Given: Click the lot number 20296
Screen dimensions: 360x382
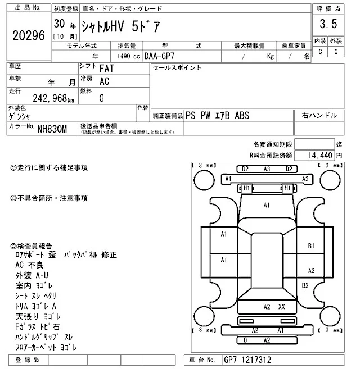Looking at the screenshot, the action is pyautogui.click(x=28, y=35).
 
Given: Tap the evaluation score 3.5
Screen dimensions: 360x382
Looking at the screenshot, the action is pyautogui.click(x=328, y=24).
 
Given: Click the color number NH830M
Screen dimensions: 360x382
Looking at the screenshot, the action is pyautogui.click(x=52, y=129).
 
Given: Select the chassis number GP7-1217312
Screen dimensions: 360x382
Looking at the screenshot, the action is pyautogui.click(x=247, y=360).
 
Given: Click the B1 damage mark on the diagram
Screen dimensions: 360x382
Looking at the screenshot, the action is pyautogui.click(x=311, y=246).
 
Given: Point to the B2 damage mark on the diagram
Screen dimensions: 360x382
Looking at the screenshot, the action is pyautogui.click(x=305, y=285).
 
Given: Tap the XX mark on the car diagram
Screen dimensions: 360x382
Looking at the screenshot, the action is pyautogui.click(x=282, y=307).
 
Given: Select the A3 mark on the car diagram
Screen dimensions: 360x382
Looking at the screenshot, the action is pyautogui.click(x=267, y=169).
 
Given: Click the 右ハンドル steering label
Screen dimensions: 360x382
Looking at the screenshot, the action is pyautogui.click(x=319, y=115).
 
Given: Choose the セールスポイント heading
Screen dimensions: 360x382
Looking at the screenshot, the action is pyautogui.click(x=177, y=68).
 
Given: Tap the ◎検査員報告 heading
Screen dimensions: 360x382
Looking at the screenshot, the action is pyautogui.click(x=31, y=246).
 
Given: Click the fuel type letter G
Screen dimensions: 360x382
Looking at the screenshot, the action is pyautogui.click(x=102, y=98).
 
